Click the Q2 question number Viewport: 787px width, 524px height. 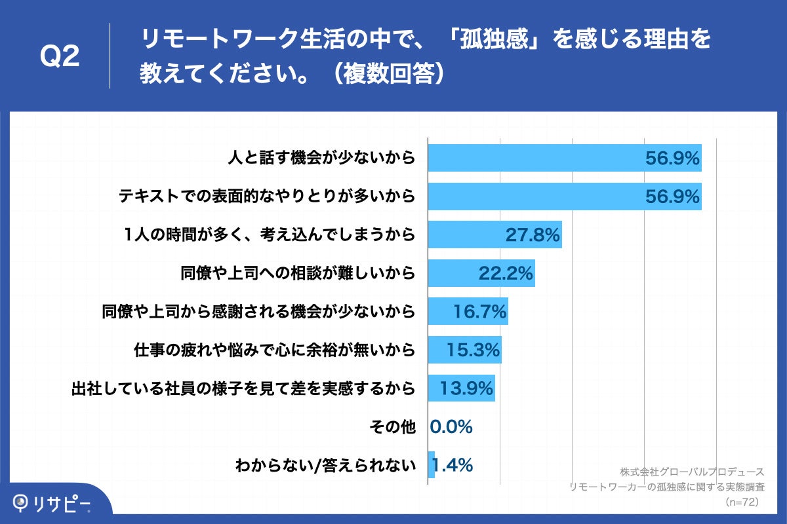click(60, 58)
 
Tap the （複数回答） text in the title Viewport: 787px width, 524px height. click(387, 74)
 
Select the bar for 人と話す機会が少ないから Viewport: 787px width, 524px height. click(564, 158)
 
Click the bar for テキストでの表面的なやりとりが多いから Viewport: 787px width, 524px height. click(564, 196)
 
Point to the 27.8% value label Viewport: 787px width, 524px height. click(532, 234)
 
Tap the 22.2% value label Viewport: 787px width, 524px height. click(505, 273)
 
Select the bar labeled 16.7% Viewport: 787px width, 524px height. click(468, 312)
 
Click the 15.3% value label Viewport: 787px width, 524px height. click(474, 350)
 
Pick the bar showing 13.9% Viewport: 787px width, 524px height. click(461, 388)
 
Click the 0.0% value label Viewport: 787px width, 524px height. click(451, 427)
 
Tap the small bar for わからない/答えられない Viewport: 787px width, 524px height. click(432, 465)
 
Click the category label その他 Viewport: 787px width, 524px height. click(392, 427)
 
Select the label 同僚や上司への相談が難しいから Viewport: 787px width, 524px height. click(298, 273)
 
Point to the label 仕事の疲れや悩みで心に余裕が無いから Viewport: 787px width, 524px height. click(273, 350)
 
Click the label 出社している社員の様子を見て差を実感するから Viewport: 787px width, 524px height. click(243, 388)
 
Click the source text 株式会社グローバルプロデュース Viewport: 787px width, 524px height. click(691, 472)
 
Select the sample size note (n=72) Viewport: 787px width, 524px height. click(742, 502)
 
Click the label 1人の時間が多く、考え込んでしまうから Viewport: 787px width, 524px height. click(270, 234)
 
